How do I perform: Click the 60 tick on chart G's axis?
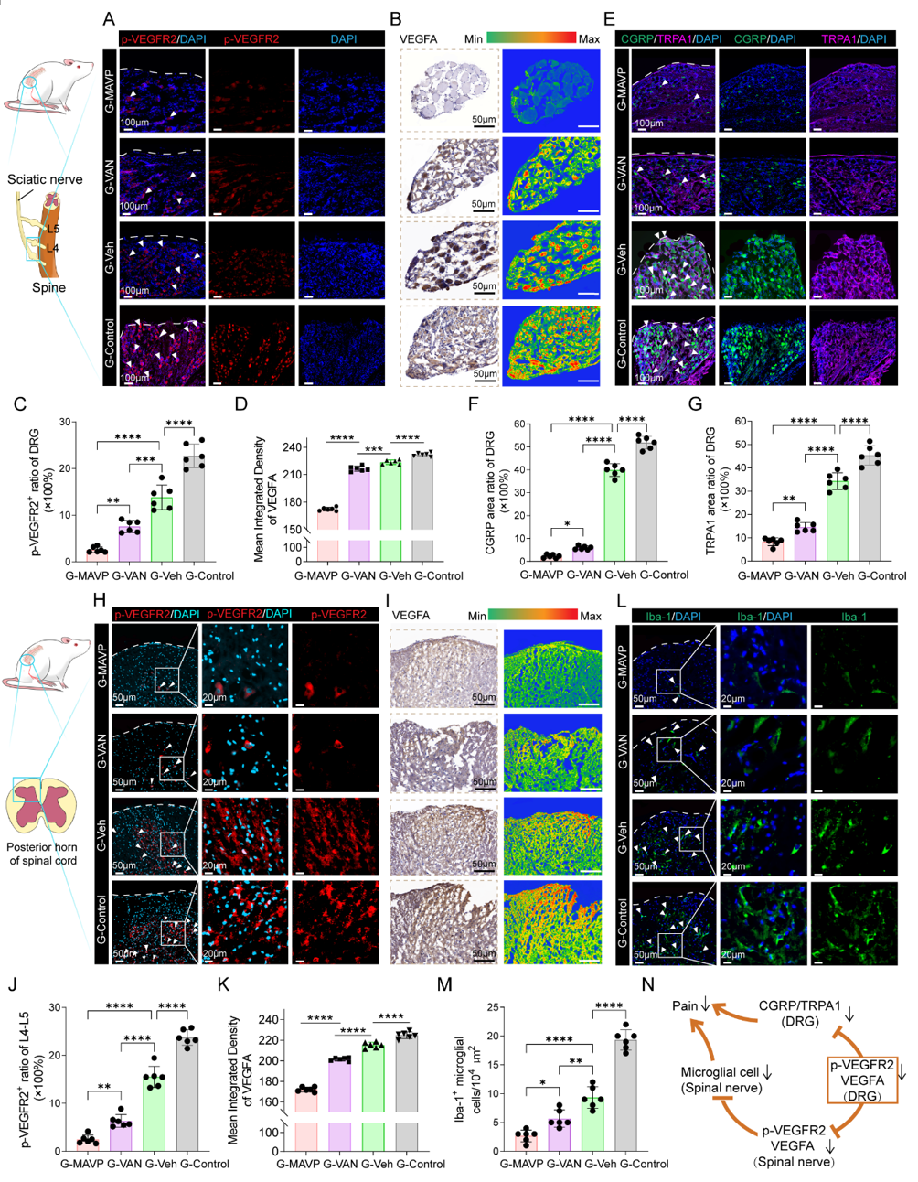pyautogui.click(x=742, y=422)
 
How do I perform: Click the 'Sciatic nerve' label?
pyautogui.click(x=45, y=179)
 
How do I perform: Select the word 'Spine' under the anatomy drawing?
pyautogui.click(x=48, y=287)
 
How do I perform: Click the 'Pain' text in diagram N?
pyautogui.click(x=686, y=1006)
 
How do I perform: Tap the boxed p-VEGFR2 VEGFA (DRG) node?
pyautogui.click(x=861, y=1080)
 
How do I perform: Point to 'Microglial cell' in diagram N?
pyautogui.click(x=721, y=1072)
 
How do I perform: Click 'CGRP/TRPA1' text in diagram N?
pyautogui.click(x=799, y=1006)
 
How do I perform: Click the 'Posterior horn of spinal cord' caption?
pyautogui.click(x=42, y=854)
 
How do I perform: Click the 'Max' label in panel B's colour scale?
pyautogui.click(x=589, y=38)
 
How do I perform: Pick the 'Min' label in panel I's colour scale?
pyautogui.click(x=476, y=616)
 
